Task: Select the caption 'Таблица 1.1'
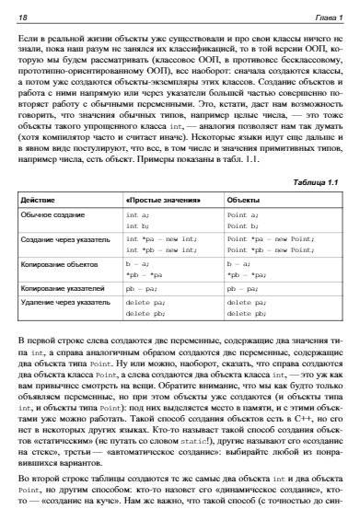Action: coord(317,182)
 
